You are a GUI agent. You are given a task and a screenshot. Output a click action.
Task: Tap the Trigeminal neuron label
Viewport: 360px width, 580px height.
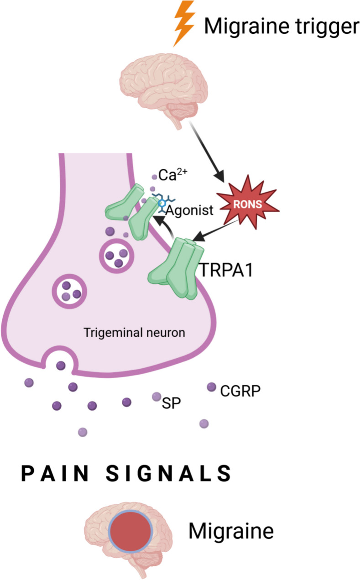(x=134, y=332)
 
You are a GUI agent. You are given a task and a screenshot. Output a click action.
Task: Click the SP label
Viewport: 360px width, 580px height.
(x=170, y=402)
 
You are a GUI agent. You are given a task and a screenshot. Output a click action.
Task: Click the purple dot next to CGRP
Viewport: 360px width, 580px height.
(x=211, y=387)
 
